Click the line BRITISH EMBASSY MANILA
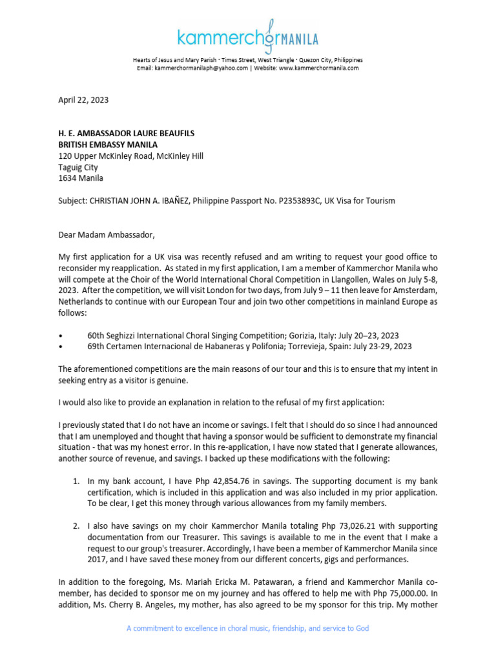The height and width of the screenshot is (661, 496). tap(108, 144)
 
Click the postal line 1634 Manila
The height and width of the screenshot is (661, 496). tap(81, 178)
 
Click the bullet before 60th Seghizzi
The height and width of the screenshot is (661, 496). tap(60, 335)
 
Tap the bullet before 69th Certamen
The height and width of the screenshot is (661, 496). tap(60, 346)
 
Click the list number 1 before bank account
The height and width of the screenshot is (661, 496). tap(76, 481)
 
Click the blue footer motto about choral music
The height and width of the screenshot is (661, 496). tap(247, 628)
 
